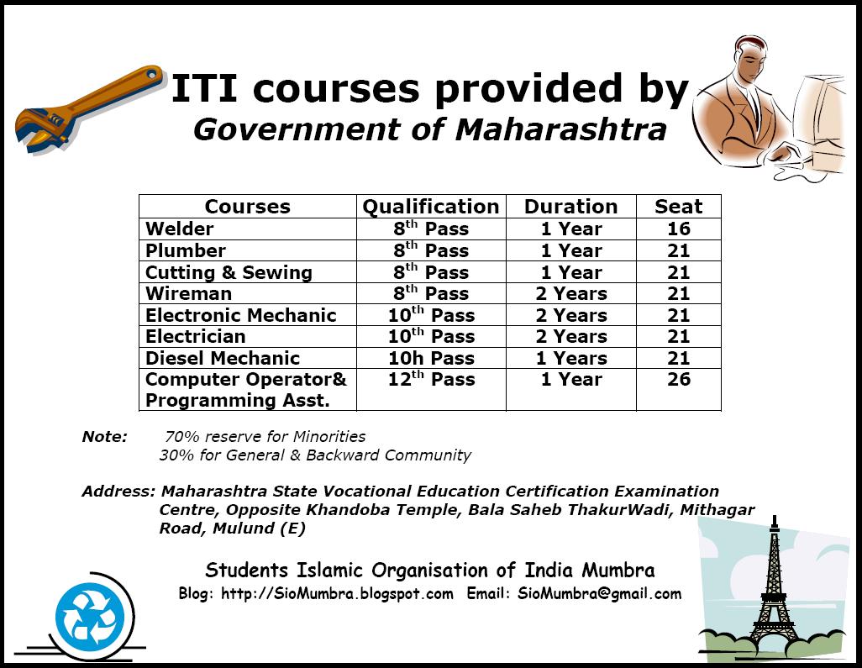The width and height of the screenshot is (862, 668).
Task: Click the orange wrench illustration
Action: pos(88,108)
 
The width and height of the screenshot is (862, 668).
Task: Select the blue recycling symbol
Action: pos(90,614)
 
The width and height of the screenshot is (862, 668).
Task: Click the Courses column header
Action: pos(247,207)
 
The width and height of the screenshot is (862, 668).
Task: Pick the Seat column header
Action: pos(678,207)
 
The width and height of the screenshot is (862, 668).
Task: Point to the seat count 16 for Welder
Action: pos(678,229)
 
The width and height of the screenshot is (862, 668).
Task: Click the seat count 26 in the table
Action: pos(678,379)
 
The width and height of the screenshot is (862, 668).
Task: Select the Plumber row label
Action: pos(186,250)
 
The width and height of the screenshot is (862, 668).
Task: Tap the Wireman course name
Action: pos(188,293)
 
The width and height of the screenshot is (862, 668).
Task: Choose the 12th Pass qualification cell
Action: pos(432,378)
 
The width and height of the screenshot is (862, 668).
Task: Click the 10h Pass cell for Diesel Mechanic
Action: pos(432,358)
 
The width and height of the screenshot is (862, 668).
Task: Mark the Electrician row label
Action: pos(195,336)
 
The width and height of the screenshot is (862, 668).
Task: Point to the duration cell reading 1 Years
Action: pos(572,358)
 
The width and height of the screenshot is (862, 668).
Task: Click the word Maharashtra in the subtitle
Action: pos(560,130)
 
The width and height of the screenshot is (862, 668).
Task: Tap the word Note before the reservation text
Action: pos(104,437)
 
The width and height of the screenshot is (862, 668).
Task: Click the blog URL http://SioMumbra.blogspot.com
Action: pos(337,594)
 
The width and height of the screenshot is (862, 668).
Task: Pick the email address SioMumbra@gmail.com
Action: pos(599,594)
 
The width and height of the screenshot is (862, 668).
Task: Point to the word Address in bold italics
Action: pos(118,491)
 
